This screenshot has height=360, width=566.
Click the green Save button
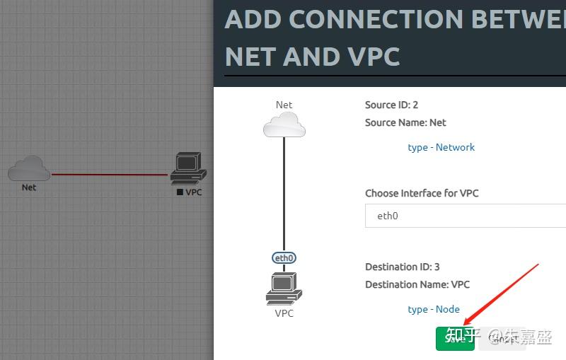pyautogui.click(x=454, y=339)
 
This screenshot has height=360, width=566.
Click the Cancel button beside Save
pyautogui.click(x=502, y=339)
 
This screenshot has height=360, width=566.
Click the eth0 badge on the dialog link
pyautogui.click(x=284, y=258)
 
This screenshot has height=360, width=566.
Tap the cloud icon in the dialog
pyautogui.click(x=284, y=126)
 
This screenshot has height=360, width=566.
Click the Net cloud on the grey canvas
pyautogui.click(x=29, y=168)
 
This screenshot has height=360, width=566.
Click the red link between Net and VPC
pyautogui.click(x=110, y=174)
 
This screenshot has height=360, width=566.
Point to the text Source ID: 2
pyautogui.click(x=391, y=105)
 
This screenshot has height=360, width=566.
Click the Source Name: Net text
pyautogui.click(x=405, y=122)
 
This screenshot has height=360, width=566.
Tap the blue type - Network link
pyautogui.click(x=441, y=147)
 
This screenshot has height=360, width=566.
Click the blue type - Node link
pyautogui.click(x=434, y=309)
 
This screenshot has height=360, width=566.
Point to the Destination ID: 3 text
pyautogui.click(x=402, y=267)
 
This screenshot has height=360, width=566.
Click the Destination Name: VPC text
pyautogui.click(x=417, y=284)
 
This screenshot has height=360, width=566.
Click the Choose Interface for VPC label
pyautogui.click(x=422, y=193)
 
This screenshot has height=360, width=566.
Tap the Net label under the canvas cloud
pyautogui.click(x=29, y=187)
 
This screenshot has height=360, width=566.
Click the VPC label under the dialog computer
pyautogui.click(x=284, y=313)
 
